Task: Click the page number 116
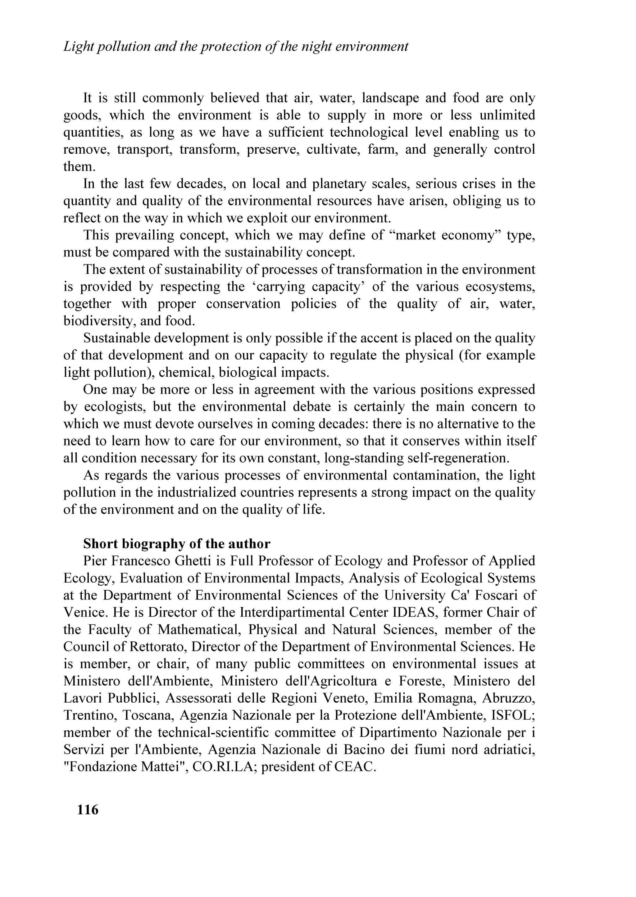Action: tap(88, 810)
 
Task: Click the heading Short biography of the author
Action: tap(177, 544)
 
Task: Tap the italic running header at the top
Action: tap(236, 47)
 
